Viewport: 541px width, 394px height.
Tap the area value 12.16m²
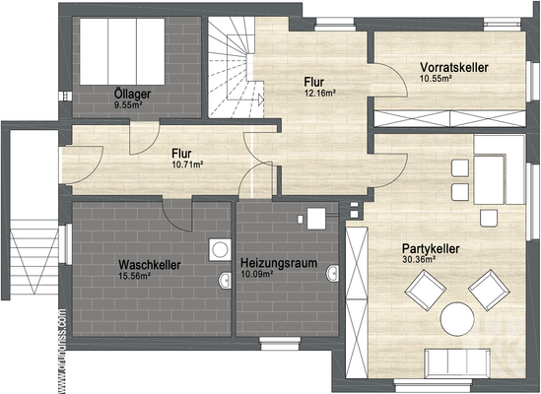click(320, 94)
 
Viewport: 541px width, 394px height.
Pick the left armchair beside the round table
click(425, 291)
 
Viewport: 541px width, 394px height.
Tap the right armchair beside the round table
click(489, 290)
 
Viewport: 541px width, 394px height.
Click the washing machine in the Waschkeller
click(219, 249)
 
